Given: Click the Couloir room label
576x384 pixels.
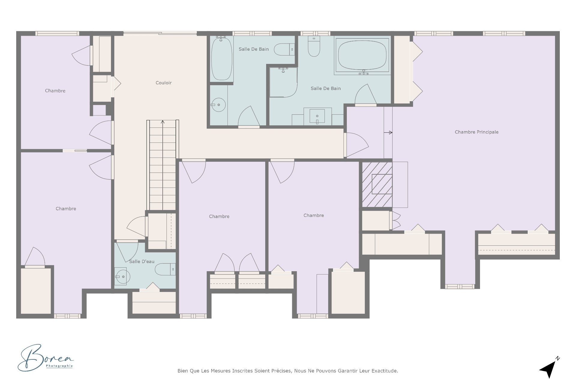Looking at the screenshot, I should coord(163,83).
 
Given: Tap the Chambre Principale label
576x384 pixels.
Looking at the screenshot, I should coord(476,132).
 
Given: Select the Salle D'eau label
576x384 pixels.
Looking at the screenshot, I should coord(142,262).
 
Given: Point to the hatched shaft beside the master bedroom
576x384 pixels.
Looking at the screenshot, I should coord(377,184).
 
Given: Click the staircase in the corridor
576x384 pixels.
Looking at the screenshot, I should coord(163,165).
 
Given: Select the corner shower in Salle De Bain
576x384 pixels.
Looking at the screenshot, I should coord(283,82).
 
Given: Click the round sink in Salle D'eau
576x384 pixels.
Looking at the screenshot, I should coord(123,276).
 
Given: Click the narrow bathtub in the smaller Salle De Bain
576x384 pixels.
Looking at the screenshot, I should coord(221,58).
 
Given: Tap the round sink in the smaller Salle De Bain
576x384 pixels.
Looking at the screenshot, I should coord(218,105).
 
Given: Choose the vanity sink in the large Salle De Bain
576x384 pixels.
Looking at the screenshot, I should coord(317,116).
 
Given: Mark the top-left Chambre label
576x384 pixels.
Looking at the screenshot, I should coord(55,91).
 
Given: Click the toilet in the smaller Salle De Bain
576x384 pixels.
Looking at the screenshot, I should coord(283,49).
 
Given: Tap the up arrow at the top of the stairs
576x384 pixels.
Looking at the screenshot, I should coord(163,122).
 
